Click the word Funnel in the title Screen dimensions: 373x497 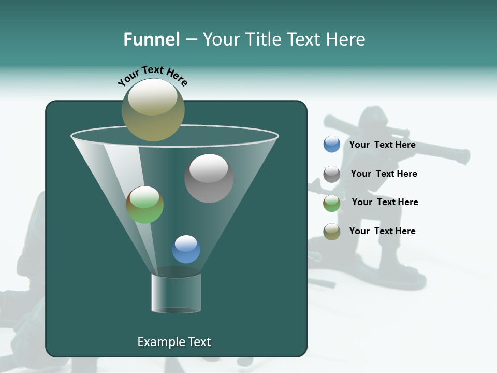point(151,39)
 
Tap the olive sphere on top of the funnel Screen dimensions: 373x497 point(153,110)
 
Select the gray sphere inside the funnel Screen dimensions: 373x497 point(209,178)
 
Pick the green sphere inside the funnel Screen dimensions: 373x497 point(144,205)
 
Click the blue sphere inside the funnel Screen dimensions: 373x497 point(186,249)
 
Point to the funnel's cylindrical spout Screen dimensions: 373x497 point(176,293)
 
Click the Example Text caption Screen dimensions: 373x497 point(174,342)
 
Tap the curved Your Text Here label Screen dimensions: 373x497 point(152,76)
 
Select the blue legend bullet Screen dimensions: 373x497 point(331,145)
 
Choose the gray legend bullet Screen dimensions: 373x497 point(331,174)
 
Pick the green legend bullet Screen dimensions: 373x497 point(331,203)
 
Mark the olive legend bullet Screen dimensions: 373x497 point(331,232)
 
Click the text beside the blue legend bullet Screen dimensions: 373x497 point(382,145)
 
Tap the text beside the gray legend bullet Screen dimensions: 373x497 point(384,174)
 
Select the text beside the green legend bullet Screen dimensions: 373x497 point(385,202)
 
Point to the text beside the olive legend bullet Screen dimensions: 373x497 point(382,231)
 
